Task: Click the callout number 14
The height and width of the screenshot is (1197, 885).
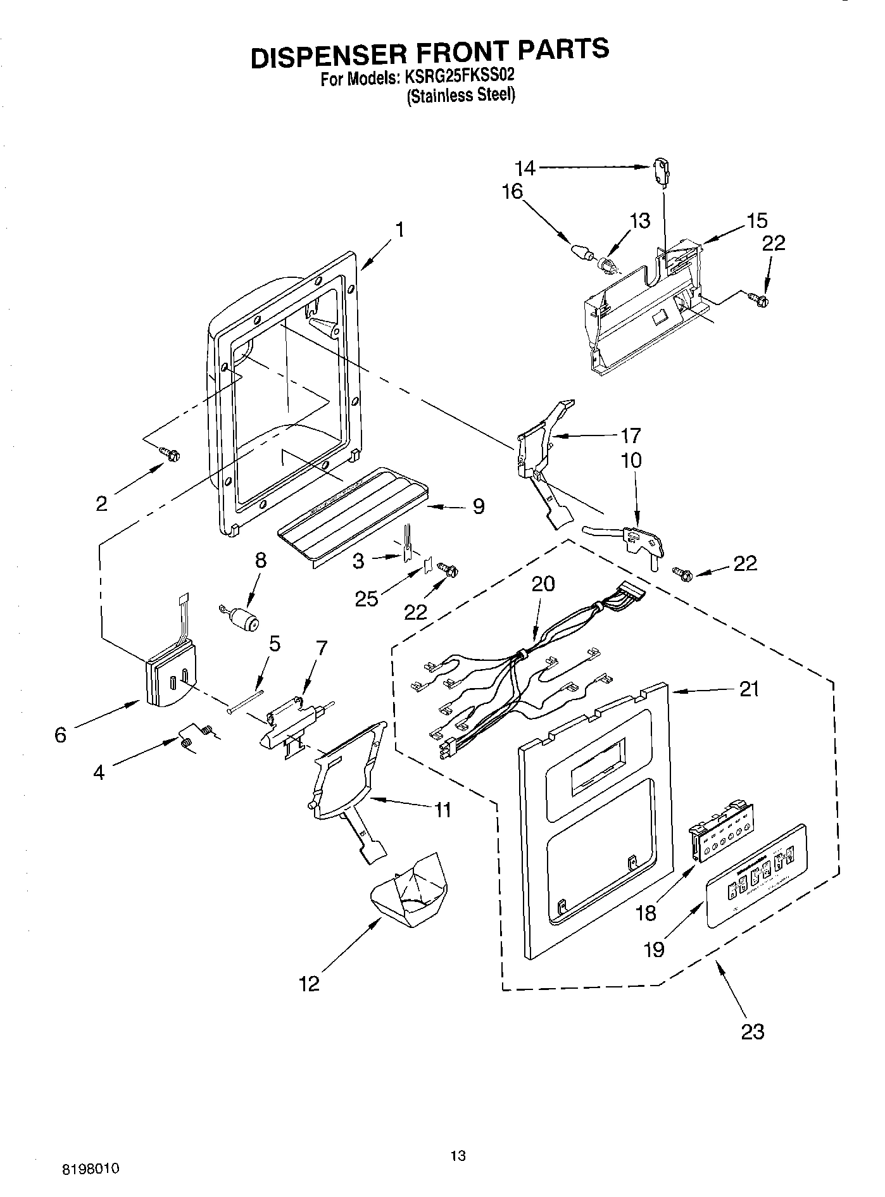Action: pyautogui.click(x=525, y=168)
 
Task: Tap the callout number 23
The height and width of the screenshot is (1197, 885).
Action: pyautogui.click(x=752, y=1031)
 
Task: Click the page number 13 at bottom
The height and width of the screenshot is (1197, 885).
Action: pyautogui.click(x=458, y=1155)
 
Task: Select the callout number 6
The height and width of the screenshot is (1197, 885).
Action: pyautogui.click(x=60, y=735)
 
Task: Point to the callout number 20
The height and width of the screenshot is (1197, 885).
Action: pyautogui.click(x=543, y=584)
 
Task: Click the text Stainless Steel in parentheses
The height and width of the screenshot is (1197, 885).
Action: pyautogui.click(x=461, y=96)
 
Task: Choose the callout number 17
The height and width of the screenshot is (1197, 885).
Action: pyautogui.click(x=631, y=436)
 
